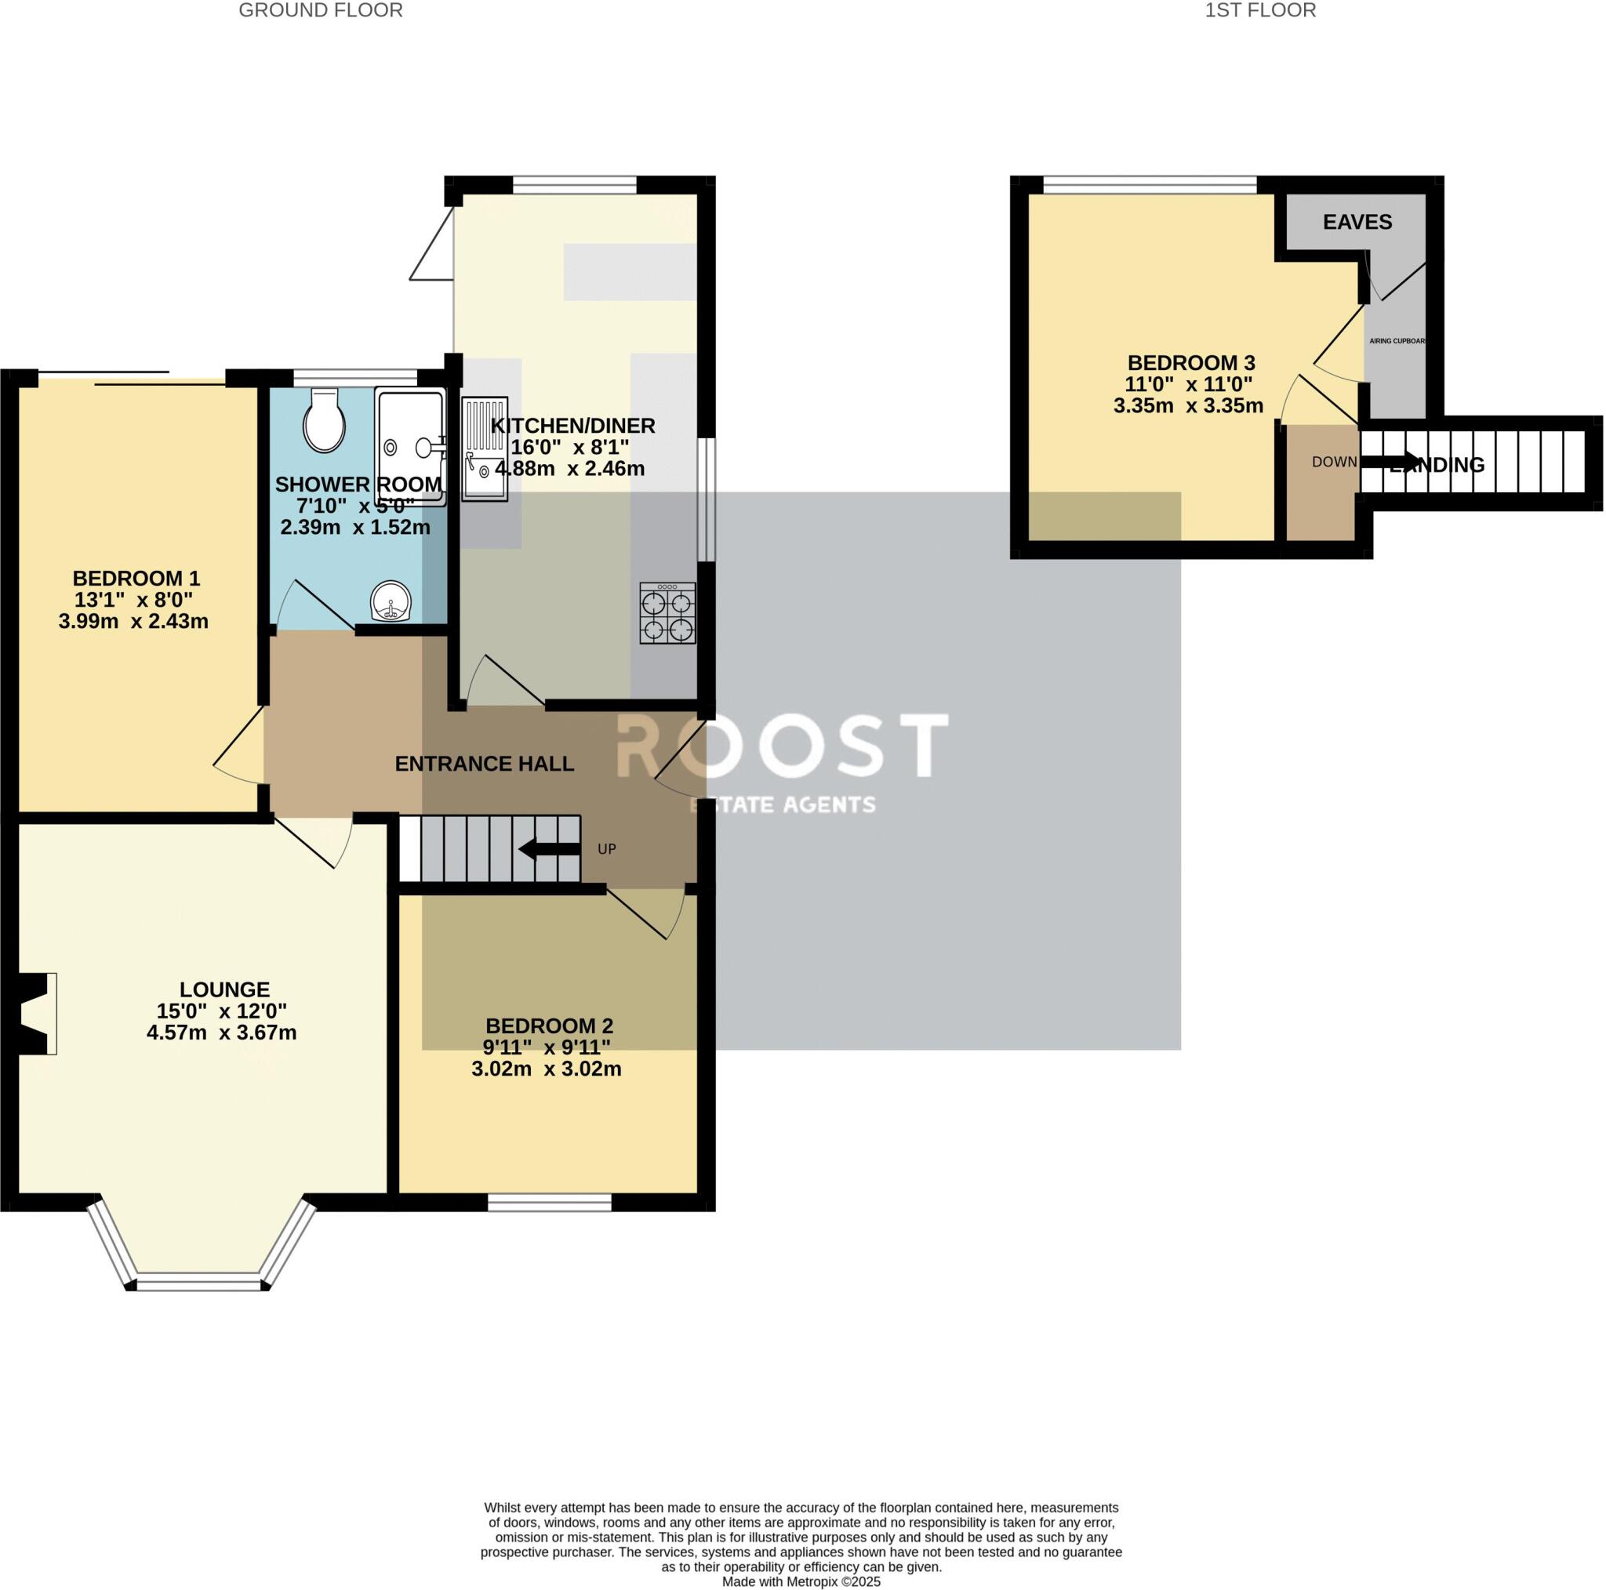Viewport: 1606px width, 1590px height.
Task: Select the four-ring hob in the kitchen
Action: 667,614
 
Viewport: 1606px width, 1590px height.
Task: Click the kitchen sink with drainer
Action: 485,448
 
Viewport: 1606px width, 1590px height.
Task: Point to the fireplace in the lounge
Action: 35,1014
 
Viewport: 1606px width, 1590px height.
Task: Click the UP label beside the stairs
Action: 607,849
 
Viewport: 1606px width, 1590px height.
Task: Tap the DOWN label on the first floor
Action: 1334,462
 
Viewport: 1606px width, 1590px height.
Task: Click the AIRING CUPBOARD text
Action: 1397,341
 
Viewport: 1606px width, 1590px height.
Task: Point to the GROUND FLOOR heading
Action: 321,11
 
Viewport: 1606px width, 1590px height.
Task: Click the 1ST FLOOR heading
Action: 1260,11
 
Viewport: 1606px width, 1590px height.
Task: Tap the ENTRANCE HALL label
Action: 484,764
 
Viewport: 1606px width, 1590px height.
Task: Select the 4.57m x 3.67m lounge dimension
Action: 222,1033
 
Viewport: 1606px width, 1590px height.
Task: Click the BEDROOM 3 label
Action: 1190,362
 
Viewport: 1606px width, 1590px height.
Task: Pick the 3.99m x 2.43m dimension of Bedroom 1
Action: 134,621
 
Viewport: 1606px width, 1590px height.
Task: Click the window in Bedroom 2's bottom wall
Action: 550,1203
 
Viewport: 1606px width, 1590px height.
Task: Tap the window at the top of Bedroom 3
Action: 1150,184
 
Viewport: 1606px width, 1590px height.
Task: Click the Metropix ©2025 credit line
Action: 801,1581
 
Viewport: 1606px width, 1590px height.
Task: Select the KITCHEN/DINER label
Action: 572,426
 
